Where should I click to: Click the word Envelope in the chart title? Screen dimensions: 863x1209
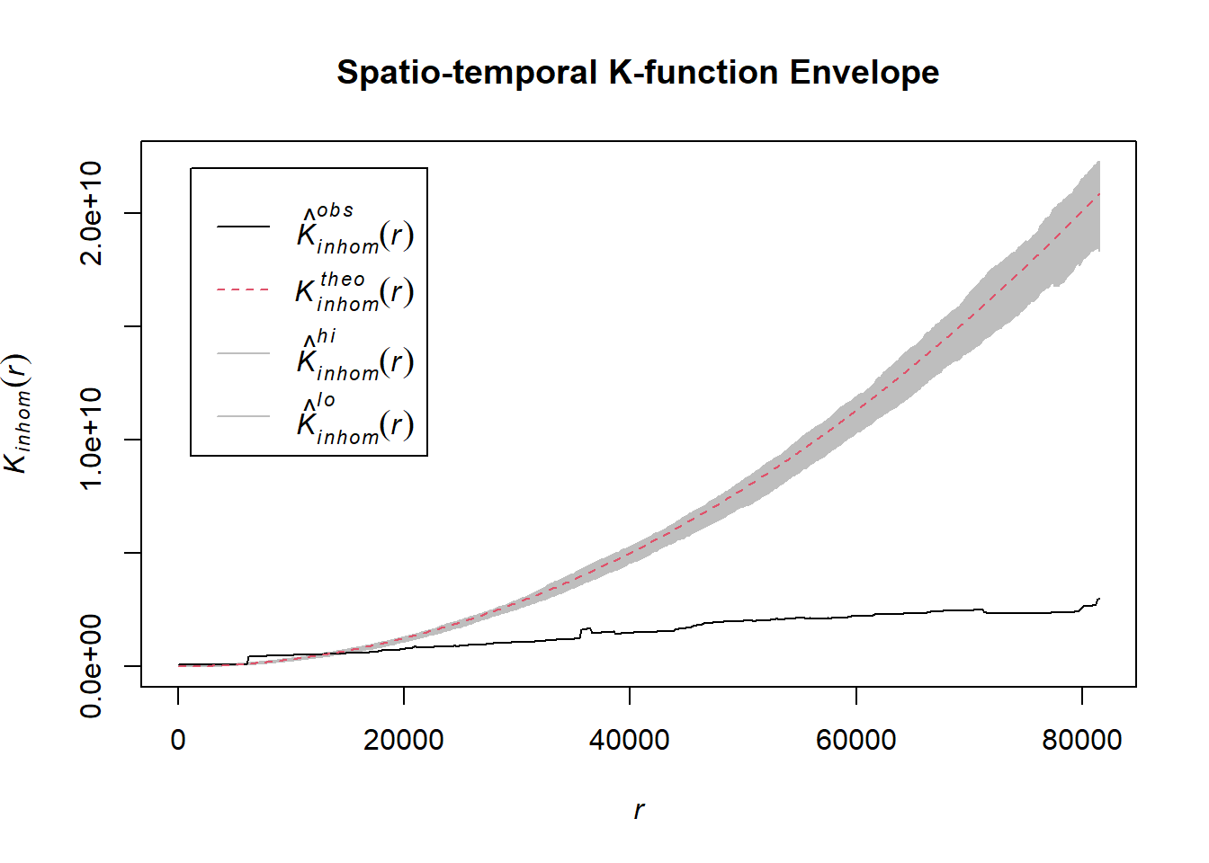tap(864, 73)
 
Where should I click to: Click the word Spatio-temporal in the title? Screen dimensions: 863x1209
tap(467, 73)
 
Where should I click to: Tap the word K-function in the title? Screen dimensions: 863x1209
tap(694, 73)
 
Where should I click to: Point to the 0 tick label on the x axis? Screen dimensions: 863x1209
tap(178, 740)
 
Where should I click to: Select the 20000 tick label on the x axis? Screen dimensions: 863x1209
tap(404, 740)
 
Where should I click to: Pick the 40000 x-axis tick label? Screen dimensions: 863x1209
tap(630, 740)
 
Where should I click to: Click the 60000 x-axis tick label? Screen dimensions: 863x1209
tap(855, 740)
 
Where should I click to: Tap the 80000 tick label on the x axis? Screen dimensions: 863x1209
tap(1081, 740)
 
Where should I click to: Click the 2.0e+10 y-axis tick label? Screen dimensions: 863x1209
tap(92, 213)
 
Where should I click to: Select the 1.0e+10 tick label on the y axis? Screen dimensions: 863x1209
tap(92, 439)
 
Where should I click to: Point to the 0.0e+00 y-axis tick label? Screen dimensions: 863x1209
tap(92, 666)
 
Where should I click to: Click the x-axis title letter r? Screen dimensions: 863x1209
tap(639, 810)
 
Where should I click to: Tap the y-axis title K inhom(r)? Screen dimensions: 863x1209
tap(18, 414)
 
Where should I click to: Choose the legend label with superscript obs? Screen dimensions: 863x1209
tap(355, 229)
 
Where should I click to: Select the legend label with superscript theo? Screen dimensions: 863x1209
tap(355, 292)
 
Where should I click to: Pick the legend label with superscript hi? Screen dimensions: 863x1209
tap(355, 356)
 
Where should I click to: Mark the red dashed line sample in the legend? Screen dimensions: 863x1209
tap(243, 290)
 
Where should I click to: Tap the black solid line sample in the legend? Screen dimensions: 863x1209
tap(243, 227)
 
